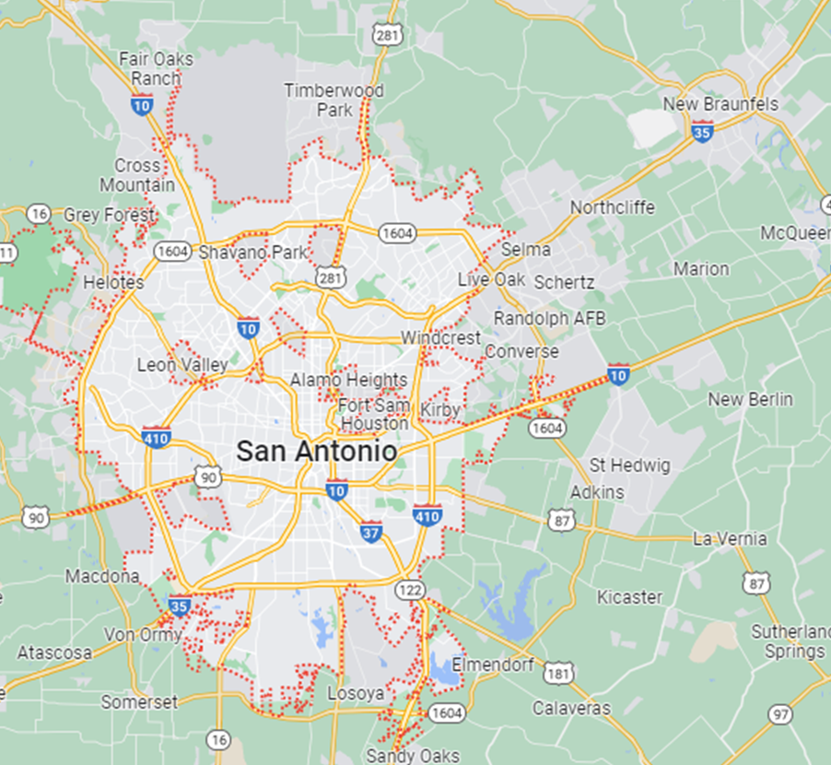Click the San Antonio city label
pos(317,451)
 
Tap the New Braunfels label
pos(733,104)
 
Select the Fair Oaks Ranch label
pos(157,69)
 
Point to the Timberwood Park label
pos(334,100)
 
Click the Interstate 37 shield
pos(371,531)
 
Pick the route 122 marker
pos(409,589)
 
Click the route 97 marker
pos(781,714)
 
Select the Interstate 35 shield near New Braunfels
pos(703,132)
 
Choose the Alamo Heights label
pos(348,380)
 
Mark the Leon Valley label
pos(182,365)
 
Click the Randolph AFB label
pos(550,318)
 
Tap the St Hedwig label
pos(630,465)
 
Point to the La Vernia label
pos(730,539)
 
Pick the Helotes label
pos(113,282)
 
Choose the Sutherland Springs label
pos(788,641)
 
